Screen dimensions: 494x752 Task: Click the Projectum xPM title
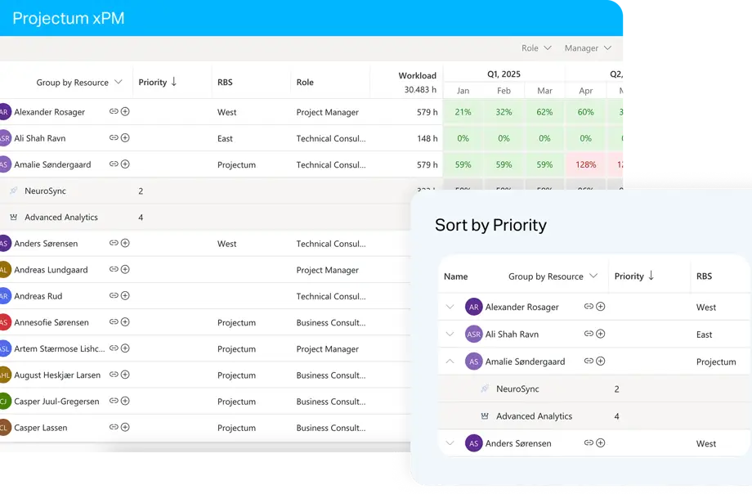point(69,18)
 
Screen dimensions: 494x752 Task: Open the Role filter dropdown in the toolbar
point(536,48)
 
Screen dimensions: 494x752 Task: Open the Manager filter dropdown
point(588,48)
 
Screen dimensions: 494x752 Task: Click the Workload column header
point(417,76)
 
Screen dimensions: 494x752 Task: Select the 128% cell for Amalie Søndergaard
point(585,164)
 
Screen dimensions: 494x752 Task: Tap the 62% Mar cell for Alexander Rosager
point(544,112)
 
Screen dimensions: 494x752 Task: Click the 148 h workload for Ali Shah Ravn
point(427,138)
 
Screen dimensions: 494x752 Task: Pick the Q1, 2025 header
point(504,74)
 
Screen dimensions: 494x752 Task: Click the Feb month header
point(504,91)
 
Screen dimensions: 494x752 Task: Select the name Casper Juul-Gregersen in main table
point(56,402)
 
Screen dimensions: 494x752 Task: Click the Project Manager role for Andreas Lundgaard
point(327,270)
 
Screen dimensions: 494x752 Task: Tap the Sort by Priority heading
point(490,225)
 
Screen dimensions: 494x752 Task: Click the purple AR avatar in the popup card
point(473,307)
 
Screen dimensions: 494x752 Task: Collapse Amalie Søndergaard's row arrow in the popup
point(450,361)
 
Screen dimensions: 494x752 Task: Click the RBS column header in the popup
point(704,276)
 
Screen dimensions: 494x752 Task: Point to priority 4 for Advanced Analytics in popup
point(616,416)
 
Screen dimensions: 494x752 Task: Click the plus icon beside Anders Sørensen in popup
point(600,443)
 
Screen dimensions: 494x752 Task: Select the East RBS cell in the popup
point(704,335)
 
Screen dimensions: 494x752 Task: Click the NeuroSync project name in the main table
point(45,191)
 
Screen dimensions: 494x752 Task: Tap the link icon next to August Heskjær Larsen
point(114,375)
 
